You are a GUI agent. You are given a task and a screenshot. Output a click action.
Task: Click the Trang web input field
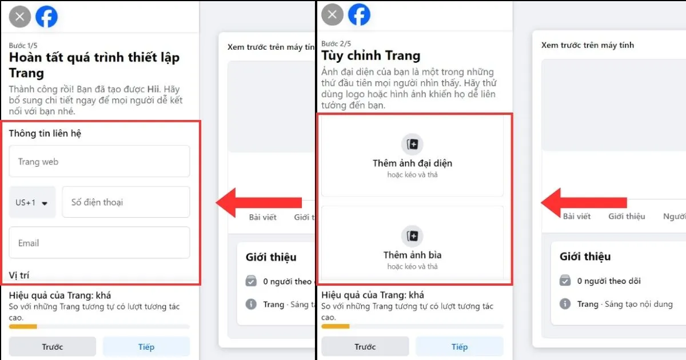(x=99, y=161)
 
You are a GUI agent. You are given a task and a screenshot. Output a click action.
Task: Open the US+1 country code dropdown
(x=32, y=202)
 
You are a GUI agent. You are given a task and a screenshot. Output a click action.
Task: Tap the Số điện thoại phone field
(x=126, y=202)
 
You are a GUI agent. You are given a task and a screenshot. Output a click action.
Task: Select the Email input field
(x=99, y=243)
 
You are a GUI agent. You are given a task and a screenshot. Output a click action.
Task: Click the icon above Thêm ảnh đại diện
(x=412, y=144)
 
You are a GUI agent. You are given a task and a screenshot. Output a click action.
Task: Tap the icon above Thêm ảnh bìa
(x=412, y=236)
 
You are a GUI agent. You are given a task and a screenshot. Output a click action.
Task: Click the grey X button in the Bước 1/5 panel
(x=20, y=17)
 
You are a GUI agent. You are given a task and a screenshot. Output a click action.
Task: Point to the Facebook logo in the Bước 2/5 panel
(x=360, y=15)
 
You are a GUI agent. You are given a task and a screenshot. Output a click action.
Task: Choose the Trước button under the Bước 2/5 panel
(x=365, y=346)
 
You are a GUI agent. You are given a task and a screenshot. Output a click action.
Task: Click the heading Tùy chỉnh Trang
(x=370, y=56)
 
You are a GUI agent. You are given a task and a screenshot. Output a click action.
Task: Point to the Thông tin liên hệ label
(x=45, y=133)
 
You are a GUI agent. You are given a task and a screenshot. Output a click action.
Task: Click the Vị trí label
(x=19, y=275)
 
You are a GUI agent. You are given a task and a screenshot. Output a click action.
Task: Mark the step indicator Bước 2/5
(x=336, y=44)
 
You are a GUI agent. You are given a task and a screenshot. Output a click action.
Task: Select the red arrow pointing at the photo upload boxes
(x=583, y=202)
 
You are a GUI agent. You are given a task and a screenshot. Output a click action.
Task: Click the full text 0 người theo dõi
(x=609, y=281)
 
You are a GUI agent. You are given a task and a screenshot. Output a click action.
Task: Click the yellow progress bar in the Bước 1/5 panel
(x=23, y=327)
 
